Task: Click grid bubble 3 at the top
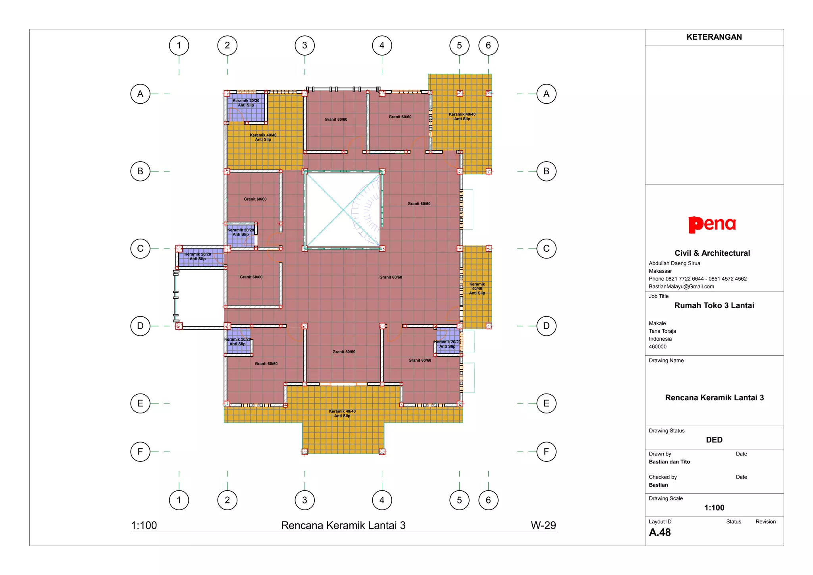(304, 45)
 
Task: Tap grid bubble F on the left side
(140, 452)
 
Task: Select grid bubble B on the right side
(546, 171)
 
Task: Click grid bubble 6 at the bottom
(488, 500)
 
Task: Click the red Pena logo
(712, 224)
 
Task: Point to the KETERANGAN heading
(714, 37)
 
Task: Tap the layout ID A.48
(660, 533)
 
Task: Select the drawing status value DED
(714, 440)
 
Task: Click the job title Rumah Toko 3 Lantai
(714, 305)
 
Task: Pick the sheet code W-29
(543, 525)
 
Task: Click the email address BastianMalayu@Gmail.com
(681, 286)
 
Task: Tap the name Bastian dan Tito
(669, 462)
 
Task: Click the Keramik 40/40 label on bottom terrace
(342, 413)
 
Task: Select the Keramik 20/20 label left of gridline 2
(197, 257)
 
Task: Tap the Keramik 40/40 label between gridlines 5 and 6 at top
(462, 116)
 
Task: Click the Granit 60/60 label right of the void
(419, 204)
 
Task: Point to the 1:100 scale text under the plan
(144, 525)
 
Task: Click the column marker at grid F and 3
(304, 452)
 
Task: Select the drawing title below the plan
(343, 525)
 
